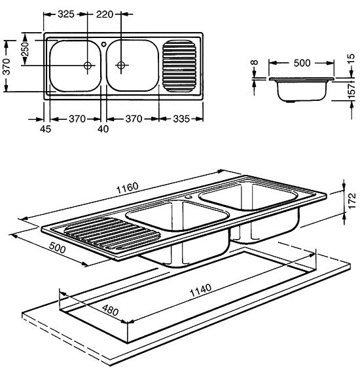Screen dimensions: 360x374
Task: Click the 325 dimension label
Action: click(x=66, y=14)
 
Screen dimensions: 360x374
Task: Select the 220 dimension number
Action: click(x=105, y=14)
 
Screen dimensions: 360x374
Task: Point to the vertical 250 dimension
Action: click(x=26, y=49)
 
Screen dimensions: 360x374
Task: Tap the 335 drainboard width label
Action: click(x=181, y=119)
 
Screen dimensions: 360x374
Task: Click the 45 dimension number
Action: click(x=45, y=129)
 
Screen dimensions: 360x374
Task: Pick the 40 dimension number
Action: click(x=103, y=129)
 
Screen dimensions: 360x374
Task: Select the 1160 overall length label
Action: click(x=127, y=188)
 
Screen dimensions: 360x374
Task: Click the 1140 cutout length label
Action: click(x=200, y=290)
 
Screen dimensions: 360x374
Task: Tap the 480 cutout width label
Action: click(x=110, y=310)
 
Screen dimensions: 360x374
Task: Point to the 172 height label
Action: click(x=351, y=201)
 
